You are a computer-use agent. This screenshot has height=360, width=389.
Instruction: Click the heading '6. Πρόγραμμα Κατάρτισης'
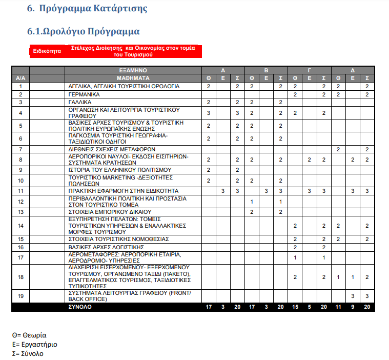[87, 9]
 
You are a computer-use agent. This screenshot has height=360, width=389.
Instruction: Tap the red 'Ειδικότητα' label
[47, 51]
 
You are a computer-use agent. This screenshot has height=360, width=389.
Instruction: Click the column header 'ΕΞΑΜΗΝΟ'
[133, 70]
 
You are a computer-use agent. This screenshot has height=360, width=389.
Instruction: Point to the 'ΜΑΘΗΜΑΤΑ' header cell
[133, 78]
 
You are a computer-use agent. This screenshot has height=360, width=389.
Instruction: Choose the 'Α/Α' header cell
[21, 78]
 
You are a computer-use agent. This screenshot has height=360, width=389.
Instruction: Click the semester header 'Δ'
[353, 70]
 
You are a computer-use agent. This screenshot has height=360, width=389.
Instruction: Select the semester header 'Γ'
[309, 70]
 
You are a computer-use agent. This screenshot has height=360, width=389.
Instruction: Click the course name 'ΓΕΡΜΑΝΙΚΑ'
[84, 95]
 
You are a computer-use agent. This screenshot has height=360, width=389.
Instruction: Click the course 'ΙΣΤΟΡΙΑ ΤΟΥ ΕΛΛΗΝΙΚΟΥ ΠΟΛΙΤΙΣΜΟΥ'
[120, 170]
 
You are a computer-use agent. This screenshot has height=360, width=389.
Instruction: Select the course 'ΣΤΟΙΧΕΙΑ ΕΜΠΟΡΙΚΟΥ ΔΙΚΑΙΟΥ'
[110, 212]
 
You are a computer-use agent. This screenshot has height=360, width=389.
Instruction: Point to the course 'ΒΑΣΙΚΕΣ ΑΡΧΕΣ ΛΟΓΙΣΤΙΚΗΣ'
[107, 247]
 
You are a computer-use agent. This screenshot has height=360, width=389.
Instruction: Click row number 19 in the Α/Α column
[21, 296]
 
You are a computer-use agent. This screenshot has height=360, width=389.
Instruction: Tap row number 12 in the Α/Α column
[21, 202]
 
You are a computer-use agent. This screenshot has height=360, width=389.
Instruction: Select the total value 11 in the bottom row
[338, 307]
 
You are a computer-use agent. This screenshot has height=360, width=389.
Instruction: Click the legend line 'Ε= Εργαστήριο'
[35, 344]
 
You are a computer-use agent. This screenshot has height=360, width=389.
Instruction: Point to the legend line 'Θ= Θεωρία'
[29, 335]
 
